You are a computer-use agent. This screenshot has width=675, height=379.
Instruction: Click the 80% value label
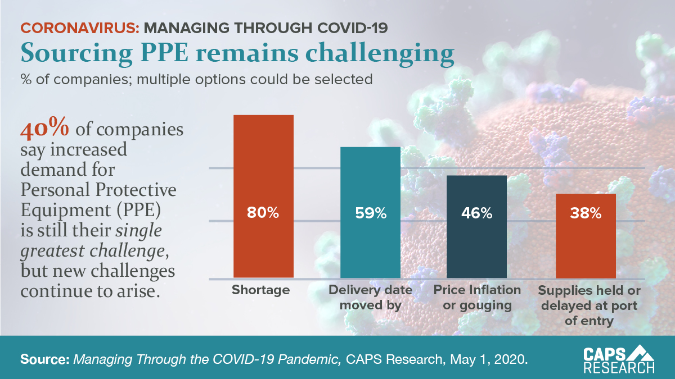[263, 213]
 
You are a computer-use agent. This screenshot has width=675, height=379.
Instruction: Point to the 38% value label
[586, 213]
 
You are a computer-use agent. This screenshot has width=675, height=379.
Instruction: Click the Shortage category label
[260, 290]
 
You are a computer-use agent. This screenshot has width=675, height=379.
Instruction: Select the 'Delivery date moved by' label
[370, 298]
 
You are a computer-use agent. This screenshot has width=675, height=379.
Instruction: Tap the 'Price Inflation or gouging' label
[477, 298]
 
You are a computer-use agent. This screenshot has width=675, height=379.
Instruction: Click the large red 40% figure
[45, 129]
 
